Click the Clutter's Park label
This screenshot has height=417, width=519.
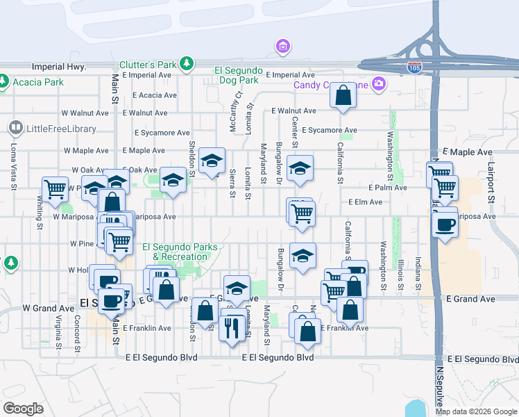tap(148, 64)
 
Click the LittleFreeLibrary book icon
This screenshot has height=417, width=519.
tap(15, 128)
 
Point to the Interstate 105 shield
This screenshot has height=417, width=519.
tap(414, 67)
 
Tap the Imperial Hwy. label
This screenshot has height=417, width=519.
tap(59, 67)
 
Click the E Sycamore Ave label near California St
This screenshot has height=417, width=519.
tap(330, 130)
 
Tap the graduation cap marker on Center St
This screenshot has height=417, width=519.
tap(300, 168)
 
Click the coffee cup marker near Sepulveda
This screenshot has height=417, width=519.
tap(444, 224)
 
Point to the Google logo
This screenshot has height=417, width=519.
tap(23, 409)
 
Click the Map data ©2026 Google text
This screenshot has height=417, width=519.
tap(476, 411)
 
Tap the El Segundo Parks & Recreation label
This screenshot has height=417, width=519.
tap(180, 252)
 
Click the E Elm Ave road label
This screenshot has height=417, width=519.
tap(366, 202)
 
